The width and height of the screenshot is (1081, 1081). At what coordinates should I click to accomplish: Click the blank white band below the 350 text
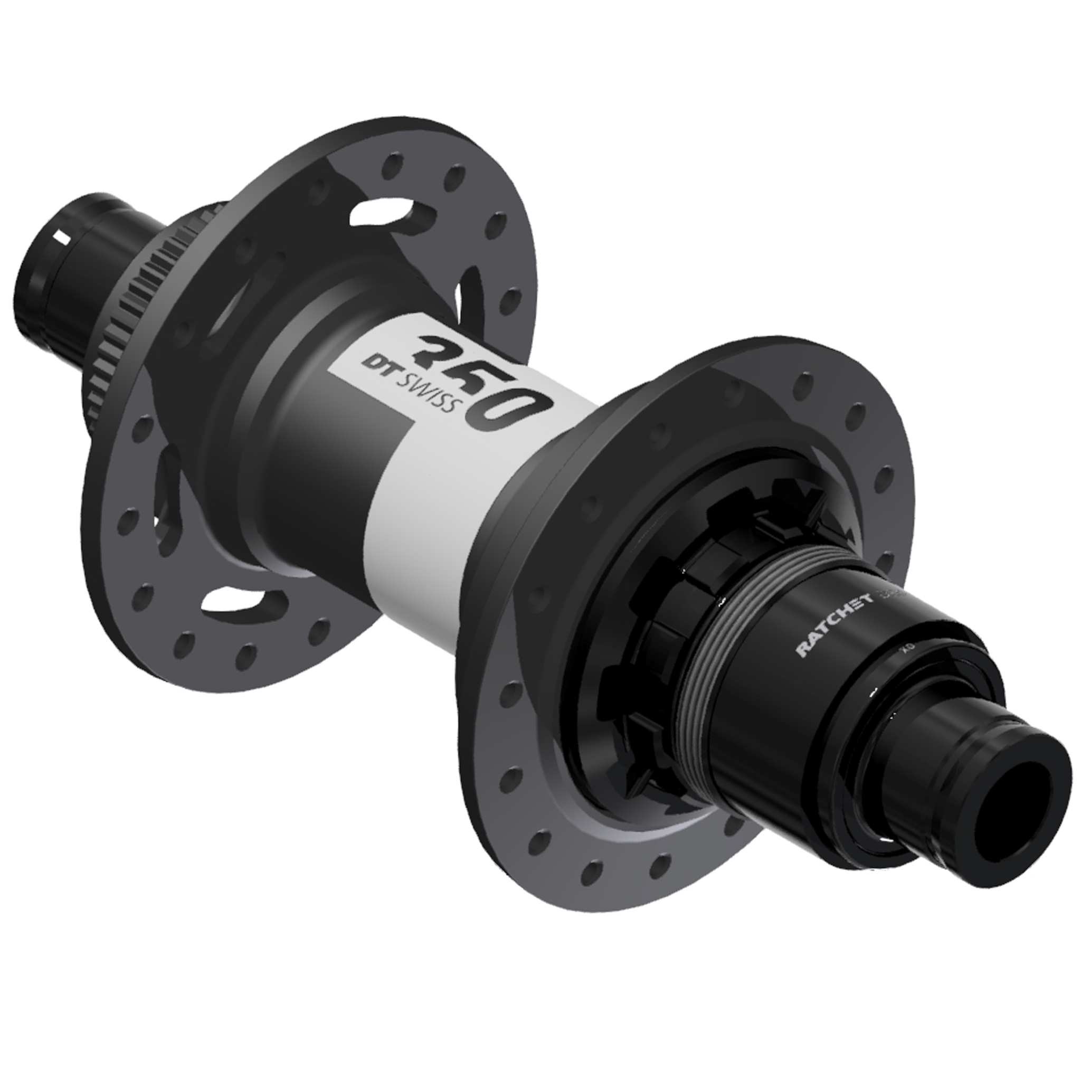click(437, 504)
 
